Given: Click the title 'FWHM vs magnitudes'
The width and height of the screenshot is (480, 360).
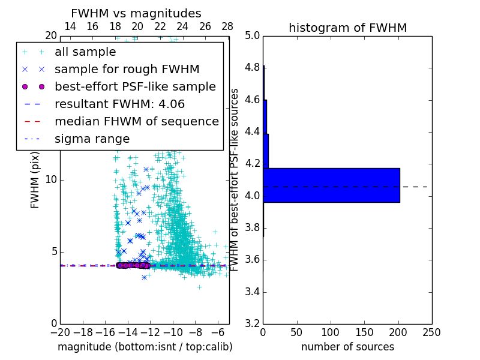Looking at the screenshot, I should pyautogui.click(x=136, y=14).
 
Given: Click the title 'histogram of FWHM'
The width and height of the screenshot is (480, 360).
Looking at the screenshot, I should pyautogui.click(x=347, y=28).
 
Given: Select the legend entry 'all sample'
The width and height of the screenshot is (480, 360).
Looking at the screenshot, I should pyautogui.click(x=85, y=52).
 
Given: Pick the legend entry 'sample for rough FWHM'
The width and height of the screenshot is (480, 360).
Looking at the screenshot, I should pyautogui.click(x=127, y=70).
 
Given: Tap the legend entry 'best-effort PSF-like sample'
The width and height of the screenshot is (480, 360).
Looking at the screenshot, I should pyautogui.click(x=135, y=86).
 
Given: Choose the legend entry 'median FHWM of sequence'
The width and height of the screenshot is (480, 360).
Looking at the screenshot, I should pyautogui.click(x=136, y=121).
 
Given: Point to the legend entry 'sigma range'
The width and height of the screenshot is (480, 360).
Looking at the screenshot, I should pyautogui.click(x=92, y=139).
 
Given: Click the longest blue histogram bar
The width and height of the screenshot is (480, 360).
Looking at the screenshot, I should pyautogui.click(x=331, y=185).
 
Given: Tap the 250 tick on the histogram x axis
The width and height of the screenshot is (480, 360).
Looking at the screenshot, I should pyautogui.click(x=431, y=332).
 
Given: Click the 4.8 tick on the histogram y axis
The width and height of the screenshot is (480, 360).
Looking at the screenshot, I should pyautogui.click(x=252, y=67).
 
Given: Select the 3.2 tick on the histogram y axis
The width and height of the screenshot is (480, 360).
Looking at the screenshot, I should pyautogui.click(x=252, y=323).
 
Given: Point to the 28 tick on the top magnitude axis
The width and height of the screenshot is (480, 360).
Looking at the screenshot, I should pyautogui.click(x=227, y=27).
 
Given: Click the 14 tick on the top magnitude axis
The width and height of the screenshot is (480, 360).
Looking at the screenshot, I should pyautogui.click(x=70, y=27).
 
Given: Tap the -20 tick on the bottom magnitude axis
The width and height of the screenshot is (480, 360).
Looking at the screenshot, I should pyautogui.click(x=60, y=332).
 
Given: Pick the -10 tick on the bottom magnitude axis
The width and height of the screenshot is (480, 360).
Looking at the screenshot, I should pyautogui.click(x=172, y=332).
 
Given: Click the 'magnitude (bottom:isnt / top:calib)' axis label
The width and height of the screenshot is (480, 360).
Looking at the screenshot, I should pyautogui.click(x=145, y=347).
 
